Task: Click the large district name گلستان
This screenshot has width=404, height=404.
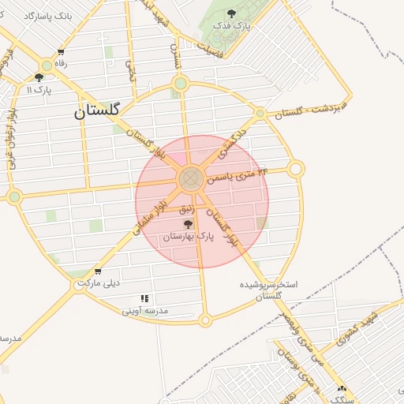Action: pyautogui.click(x=96, y=111)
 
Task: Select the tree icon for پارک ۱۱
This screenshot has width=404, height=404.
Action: pyautogui.click(x=39, y=77)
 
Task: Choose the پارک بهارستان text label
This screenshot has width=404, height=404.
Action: pyautogui.click(x=189, y=237)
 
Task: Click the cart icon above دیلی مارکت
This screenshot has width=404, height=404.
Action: pyautogui.click(x=97, y=271)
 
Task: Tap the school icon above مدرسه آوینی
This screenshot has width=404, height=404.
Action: pyautogui.click(x=144, y=298)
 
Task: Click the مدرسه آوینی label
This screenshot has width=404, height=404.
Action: pyautogui.click(x=145, y=311)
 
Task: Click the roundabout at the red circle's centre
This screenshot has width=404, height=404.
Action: pyautogui.click(x=189, y=178)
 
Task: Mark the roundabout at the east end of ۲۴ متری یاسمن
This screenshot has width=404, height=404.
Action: pyautogui.click(x=296, y=169)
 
